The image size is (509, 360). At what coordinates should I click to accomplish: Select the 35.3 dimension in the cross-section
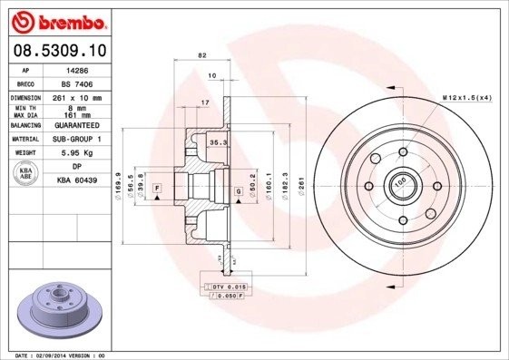coord(218,142)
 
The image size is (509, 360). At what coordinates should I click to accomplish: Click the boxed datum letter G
coord(239,191)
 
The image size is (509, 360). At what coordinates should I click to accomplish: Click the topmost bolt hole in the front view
coord(400,151)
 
